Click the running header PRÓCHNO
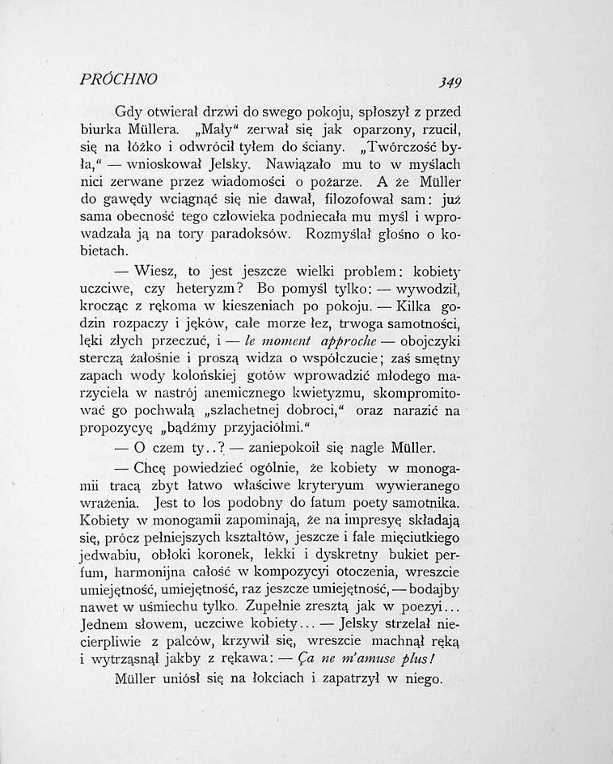coord(119,79)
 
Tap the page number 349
coord(445,82)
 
